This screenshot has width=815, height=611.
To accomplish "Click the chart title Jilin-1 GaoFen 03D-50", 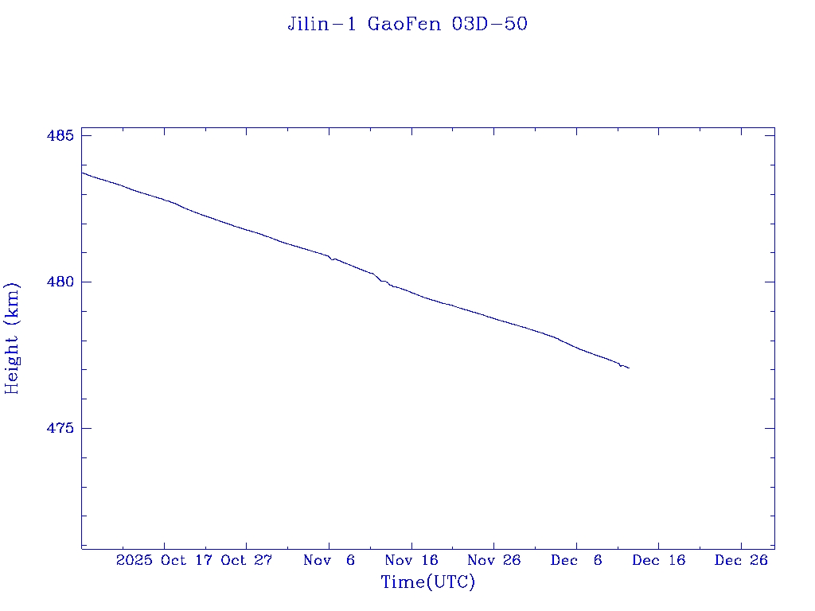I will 407,25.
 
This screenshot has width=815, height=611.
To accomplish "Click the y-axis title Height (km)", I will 12,338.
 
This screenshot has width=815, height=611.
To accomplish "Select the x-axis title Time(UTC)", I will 427,582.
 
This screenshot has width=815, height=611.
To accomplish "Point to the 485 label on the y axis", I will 60,136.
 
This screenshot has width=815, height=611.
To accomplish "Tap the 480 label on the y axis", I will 60,282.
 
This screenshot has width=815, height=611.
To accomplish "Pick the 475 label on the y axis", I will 60,429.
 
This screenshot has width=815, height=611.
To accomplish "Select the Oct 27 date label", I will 247,561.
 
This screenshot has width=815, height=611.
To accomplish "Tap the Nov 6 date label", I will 330,561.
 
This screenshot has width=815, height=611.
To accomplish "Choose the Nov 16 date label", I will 411,561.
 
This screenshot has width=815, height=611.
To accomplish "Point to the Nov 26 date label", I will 493,561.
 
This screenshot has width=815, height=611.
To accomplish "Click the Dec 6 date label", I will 576,561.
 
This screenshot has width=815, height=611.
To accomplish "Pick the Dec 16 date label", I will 658,561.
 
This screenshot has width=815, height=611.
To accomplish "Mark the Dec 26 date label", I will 741,561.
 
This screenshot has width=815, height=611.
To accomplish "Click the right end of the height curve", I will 629,368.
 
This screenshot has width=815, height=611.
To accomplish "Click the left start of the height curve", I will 82,172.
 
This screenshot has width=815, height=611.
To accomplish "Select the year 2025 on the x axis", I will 133,561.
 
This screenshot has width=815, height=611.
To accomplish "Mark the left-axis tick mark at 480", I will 85,282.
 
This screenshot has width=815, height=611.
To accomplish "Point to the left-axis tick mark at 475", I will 85,428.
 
